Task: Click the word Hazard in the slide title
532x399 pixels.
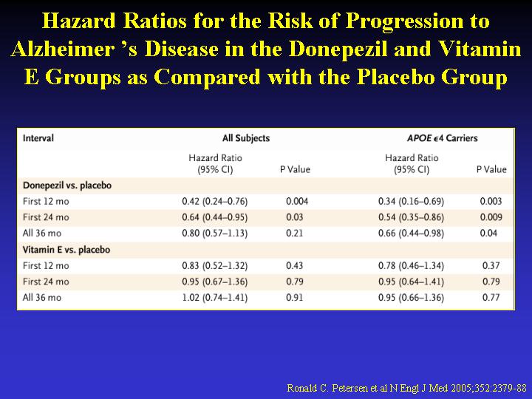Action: (x=79, y=21)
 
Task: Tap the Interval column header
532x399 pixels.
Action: (x=38, y=138)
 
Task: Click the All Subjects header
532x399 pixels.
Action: (x=246, y=138)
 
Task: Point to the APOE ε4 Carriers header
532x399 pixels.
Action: (x=442, y=138)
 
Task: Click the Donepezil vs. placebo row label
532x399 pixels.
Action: (x=67, y=185)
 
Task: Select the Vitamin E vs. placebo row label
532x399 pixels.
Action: (x=66, y=250)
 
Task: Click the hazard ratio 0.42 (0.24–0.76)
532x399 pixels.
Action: (x=215, y=202)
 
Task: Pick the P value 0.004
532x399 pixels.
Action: (x=297, y=202)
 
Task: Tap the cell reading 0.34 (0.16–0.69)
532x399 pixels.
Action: (x=412, y=202)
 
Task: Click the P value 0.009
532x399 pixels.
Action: (x=491, y=217)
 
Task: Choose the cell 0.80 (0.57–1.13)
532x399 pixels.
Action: (x=215, y=233)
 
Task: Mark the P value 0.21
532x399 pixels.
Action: (x=294, y=233)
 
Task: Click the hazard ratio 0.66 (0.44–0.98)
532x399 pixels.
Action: (x=412, y=233)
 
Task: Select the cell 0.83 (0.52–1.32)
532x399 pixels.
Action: (x=215, y=266)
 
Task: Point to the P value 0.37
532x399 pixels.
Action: (x=491, y=266)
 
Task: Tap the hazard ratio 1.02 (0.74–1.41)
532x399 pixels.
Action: (x=215, y=298)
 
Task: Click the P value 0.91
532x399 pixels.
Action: (x=294, y=298)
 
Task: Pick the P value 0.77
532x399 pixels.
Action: (x=491, y=298)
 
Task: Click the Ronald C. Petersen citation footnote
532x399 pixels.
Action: (x=406, y=388)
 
